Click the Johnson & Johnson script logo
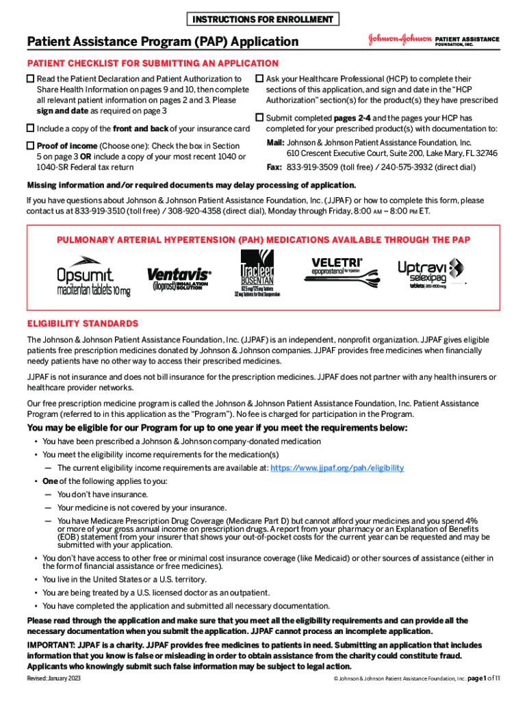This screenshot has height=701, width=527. point(398,40)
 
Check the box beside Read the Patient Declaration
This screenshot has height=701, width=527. point(30,79)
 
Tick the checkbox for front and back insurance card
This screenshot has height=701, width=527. point(30,128)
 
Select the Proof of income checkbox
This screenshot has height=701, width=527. point(30,145)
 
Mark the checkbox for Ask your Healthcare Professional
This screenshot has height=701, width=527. point(259,79)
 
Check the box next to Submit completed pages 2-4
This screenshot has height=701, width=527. point(259,118)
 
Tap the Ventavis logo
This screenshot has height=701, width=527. point(179,278)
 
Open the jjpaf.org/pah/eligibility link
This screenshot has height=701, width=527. point(337,468)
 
